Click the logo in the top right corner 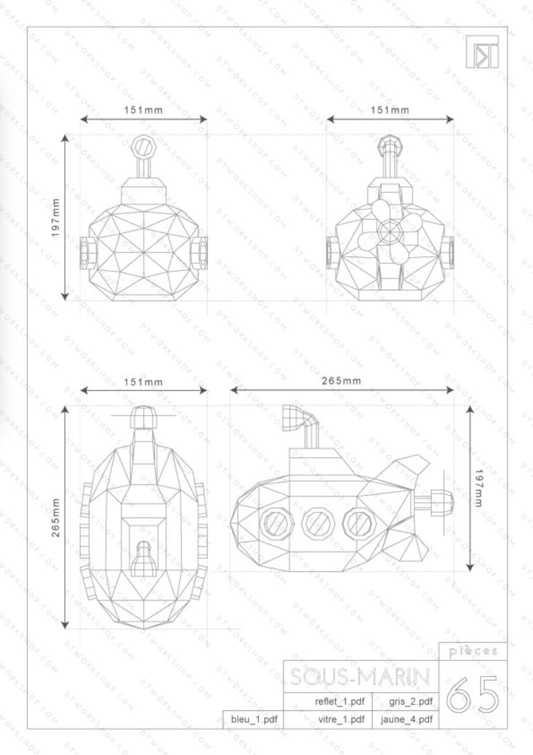point(482,51)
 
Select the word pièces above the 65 point(473,651)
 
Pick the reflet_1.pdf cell point(340,702)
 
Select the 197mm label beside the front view point(56,217)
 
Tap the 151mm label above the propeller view point(389,109)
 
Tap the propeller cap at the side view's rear point(440,501)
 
